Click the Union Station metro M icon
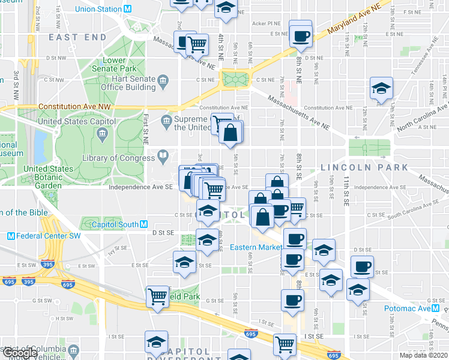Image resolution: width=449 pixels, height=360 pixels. [127, 9]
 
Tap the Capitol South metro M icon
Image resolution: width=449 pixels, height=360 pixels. [143, 224]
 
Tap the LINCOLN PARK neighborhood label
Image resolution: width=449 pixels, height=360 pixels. [356, 167]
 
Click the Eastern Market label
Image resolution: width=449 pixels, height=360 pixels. [256, 247]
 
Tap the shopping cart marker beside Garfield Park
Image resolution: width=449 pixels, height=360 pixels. [157, 296]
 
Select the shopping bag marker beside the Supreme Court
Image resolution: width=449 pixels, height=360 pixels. [231, 133]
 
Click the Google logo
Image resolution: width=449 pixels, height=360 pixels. [20, 353]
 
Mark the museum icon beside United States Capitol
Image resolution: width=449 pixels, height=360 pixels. [104, 132]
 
